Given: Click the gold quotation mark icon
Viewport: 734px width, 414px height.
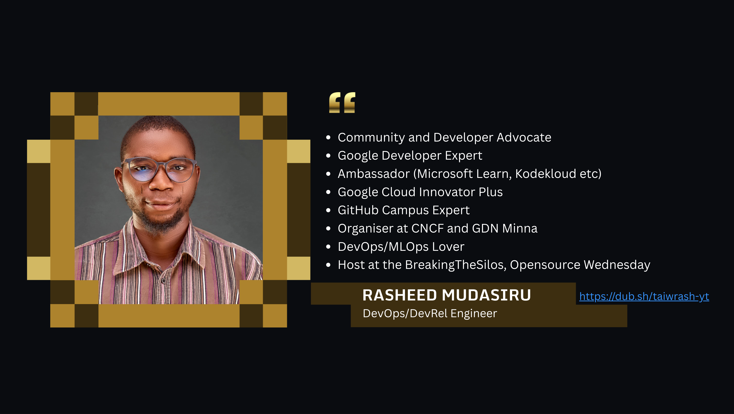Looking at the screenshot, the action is [342, 102].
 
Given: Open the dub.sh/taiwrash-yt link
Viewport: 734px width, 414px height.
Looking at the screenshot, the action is [644, 297].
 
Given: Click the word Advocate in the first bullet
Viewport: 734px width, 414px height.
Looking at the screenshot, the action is [524, 137].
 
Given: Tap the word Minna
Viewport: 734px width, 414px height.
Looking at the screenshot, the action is [520, 228].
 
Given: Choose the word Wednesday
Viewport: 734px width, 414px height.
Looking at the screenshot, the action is [617, 265].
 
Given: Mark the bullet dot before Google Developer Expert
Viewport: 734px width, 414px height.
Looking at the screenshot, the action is [328, 156].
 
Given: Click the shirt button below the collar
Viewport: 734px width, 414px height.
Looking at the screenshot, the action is [164, 281].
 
